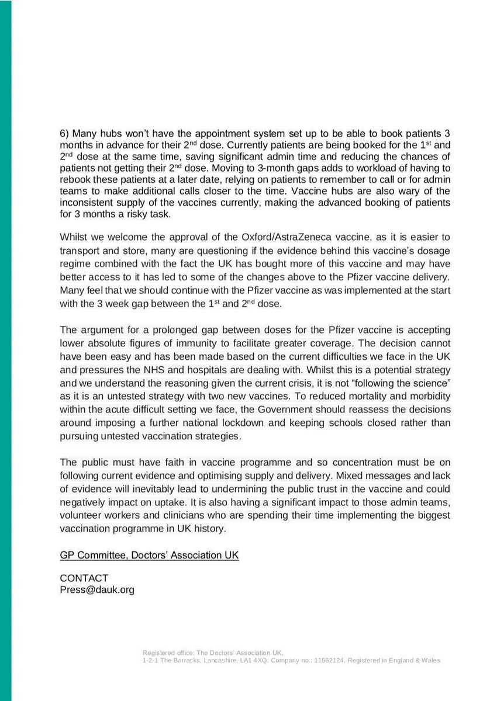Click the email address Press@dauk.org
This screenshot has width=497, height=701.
coord(97,590)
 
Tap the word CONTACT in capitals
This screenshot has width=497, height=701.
coord(84,578)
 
